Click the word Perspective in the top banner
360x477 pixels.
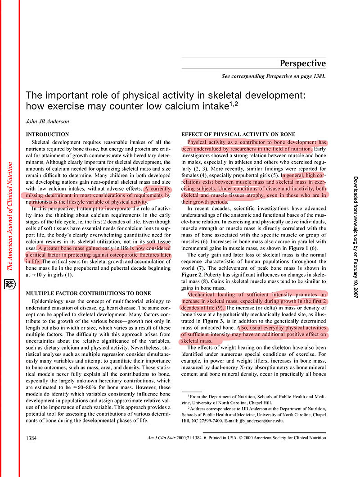click(x=302, y=64)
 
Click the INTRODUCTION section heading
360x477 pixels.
click(x=47, y=134)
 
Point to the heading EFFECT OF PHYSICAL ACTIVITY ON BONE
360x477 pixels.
click(x=238, y=134)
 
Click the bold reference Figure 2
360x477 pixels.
click(x=193, y=275)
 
